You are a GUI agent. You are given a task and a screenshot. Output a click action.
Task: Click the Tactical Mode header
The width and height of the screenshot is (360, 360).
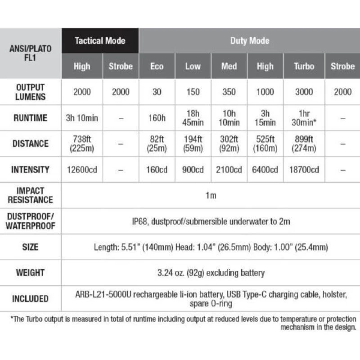[100, 40]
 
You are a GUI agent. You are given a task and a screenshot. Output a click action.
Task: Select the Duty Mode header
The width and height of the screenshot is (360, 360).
[250, 40]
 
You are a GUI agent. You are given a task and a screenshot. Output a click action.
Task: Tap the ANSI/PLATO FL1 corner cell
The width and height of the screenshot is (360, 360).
[31, 54]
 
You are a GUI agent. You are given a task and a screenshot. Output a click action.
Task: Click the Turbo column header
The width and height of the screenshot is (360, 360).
[304, 66]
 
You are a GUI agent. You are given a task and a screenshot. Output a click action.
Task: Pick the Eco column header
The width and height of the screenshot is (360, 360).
[157, 66]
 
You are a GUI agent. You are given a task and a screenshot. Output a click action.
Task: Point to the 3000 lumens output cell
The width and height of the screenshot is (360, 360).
[304, 92]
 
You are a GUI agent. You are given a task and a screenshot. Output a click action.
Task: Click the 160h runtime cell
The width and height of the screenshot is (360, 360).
[157, 118]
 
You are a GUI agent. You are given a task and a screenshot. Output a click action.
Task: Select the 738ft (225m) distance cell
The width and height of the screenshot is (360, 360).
[82, 144]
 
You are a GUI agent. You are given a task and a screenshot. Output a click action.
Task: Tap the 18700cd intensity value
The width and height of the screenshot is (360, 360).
[304, 170]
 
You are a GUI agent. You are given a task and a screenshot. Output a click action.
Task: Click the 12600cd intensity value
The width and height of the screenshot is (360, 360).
[82, 170]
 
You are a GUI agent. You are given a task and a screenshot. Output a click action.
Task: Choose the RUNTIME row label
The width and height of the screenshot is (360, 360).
[31, 118]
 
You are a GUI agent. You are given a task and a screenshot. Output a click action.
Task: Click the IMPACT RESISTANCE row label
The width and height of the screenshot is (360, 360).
[31, 195]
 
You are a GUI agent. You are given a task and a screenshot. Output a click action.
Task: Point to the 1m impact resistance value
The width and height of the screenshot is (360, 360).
[211, 195]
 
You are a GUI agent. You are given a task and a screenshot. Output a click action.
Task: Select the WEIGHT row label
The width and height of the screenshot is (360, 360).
[31, 273]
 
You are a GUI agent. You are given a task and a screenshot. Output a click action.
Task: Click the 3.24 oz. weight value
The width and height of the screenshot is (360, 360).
[211, 273]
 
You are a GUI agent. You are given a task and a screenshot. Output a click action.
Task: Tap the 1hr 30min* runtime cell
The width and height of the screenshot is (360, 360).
[304, 118]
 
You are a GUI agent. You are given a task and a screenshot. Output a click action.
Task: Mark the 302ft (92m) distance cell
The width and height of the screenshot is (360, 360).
[229, 144]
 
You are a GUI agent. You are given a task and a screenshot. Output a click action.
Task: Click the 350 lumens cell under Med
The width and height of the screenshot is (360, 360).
[229, 92]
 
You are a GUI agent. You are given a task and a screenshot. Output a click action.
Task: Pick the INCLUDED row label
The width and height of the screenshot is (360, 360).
[31, 298]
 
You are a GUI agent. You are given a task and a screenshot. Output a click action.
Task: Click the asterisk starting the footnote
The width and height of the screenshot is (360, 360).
[12, 319]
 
